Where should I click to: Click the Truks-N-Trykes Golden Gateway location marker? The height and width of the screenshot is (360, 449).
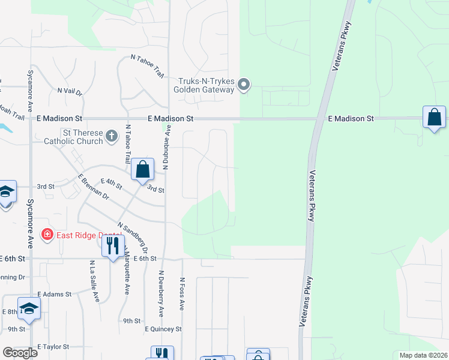[243, 85]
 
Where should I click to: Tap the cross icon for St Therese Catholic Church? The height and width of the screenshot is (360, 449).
[112, 136]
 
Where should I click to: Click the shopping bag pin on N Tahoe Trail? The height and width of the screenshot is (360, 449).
[142, 169]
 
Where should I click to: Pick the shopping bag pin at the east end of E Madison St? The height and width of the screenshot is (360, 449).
[434, 118]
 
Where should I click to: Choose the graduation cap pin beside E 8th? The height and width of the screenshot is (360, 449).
[29, 308]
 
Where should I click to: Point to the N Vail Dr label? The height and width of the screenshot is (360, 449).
[70, 91]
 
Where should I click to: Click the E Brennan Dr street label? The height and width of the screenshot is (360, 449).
[93, 187]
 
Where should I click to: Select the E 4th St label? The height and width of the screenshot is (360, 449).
[112, 181]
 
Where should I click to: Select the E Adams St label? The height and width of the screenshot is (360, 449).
[54, 295]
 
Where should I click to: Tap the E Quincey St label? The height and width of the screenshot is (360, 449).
[163, 329]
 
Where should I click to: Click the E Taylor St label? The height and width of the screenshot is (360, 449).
[54, 347]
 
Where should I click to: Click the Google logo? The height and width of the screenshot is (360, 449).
[20, 353]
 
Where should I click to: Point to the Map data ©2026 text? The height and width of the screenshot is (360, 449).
[423, 355]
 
